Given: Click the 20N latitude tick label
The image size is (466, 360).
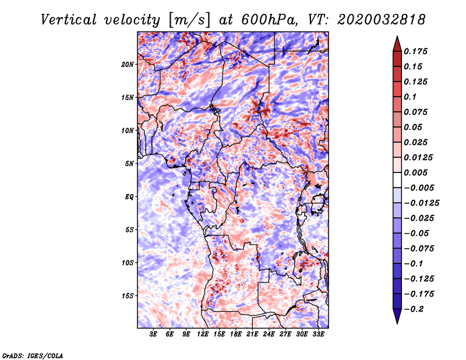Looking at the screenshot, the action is click(x=128, y=65).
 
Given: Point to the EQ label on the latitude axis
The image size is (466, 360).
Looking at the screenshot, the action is click(x=129, y=197).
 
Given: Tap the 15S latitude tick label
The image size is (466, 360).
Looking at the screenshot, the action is click(x=128, y=296).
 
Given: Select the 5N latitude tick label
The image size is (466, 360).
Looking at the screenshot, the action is click(x=129, y=164).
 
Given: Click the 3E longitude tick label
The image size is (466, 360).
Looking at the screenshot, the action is click(x=153, y=334).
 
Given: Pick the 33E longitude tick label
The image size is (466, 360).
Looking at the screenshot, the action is click(x=318, y=334).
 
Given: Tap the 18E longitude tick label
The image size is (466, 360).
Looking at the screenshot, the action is click(x=236, y=334).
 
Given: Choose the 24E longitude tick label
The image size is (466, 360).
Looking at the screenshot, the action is click(x=269, y=334).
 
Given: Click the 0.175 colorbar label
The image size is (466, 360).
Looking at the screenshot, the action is click(x=415, y=51).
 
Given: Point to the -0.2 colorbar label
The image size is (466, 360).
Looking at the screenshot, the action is click(x=414, y=309).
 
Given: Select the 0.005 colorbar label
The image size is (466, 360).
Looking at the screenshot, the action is click(x=415, y=172).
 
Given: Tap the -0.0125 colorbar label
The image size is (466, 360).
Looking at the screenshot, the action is click(x=421, y=203).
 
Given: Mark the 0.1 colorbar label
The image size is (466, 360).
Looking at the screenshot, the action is click(x=410, y=97).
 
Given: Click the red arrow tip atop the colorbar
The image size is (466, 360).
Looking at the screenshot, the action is click(x=397, y=36).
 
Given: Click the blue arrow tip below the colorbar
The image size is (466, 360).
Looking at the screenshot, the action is click(x=397, y=323).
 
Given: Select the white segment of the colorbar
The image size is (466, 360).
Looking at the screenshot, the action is click(x=397, y=180).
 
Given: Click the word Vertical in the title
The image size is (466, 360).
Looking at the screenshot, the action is click(x=69, y=20).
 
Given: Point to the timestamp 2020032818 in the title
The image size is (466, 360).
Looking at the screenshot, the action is click(x=382, y=20).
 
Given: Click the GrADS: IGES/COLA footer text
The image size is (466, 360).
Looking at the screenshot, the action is click(x=33, y=355).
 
